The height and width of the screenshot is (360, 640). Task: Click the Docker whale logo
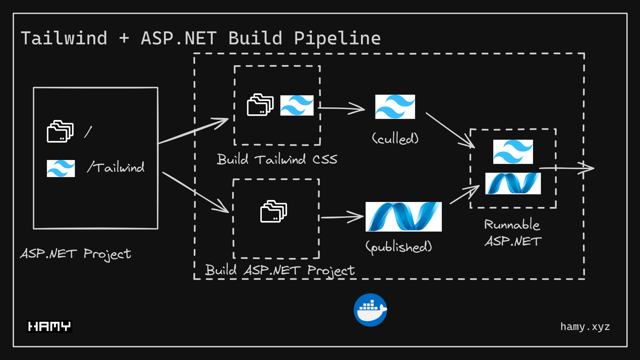pos(370,310)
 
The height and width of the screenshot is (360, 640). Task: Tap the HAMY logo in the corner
pos(49,326)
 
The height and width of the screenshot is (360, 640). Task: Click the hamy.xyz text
pos(585,327)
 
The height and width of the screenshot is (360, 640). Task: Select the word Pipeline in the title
pos(337,38)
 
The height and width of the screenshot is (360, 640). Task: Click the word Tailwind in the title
pos(64,38)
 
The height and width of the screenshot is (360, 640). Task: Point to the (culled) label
pos(395,138)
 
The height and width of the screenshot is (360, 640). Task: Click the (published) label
pos(399,247)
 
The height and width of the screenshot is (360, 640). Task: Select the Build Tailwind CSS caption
pos(277,159)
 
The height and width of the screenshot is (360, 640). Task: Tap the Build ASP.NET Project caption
pos(279,270)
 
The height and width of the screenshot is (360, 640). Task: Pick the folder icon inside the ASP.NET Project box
pos(60,131)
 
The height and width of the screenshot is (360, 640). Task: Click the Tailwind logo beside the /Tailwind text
pos(61,168)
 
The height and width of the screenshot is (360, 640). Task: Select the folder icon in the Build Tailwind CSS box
pos(260,105)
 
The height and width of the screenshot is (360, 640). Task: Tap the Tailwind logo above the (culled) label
pos(395,107)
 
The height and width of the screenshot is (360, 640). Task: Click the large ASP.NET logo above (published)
pos(404,217)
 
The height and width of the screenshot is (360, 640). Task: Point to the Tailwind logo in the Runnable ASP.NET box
pos(513,152)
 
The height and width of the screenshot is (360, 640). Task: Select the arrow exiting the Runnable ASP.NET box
pos(567,168)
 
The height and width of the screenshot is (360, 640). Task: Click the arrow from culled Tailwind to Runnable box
pos(450,130)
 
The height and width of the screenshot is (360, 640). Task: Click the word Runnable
pos(512,225)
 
